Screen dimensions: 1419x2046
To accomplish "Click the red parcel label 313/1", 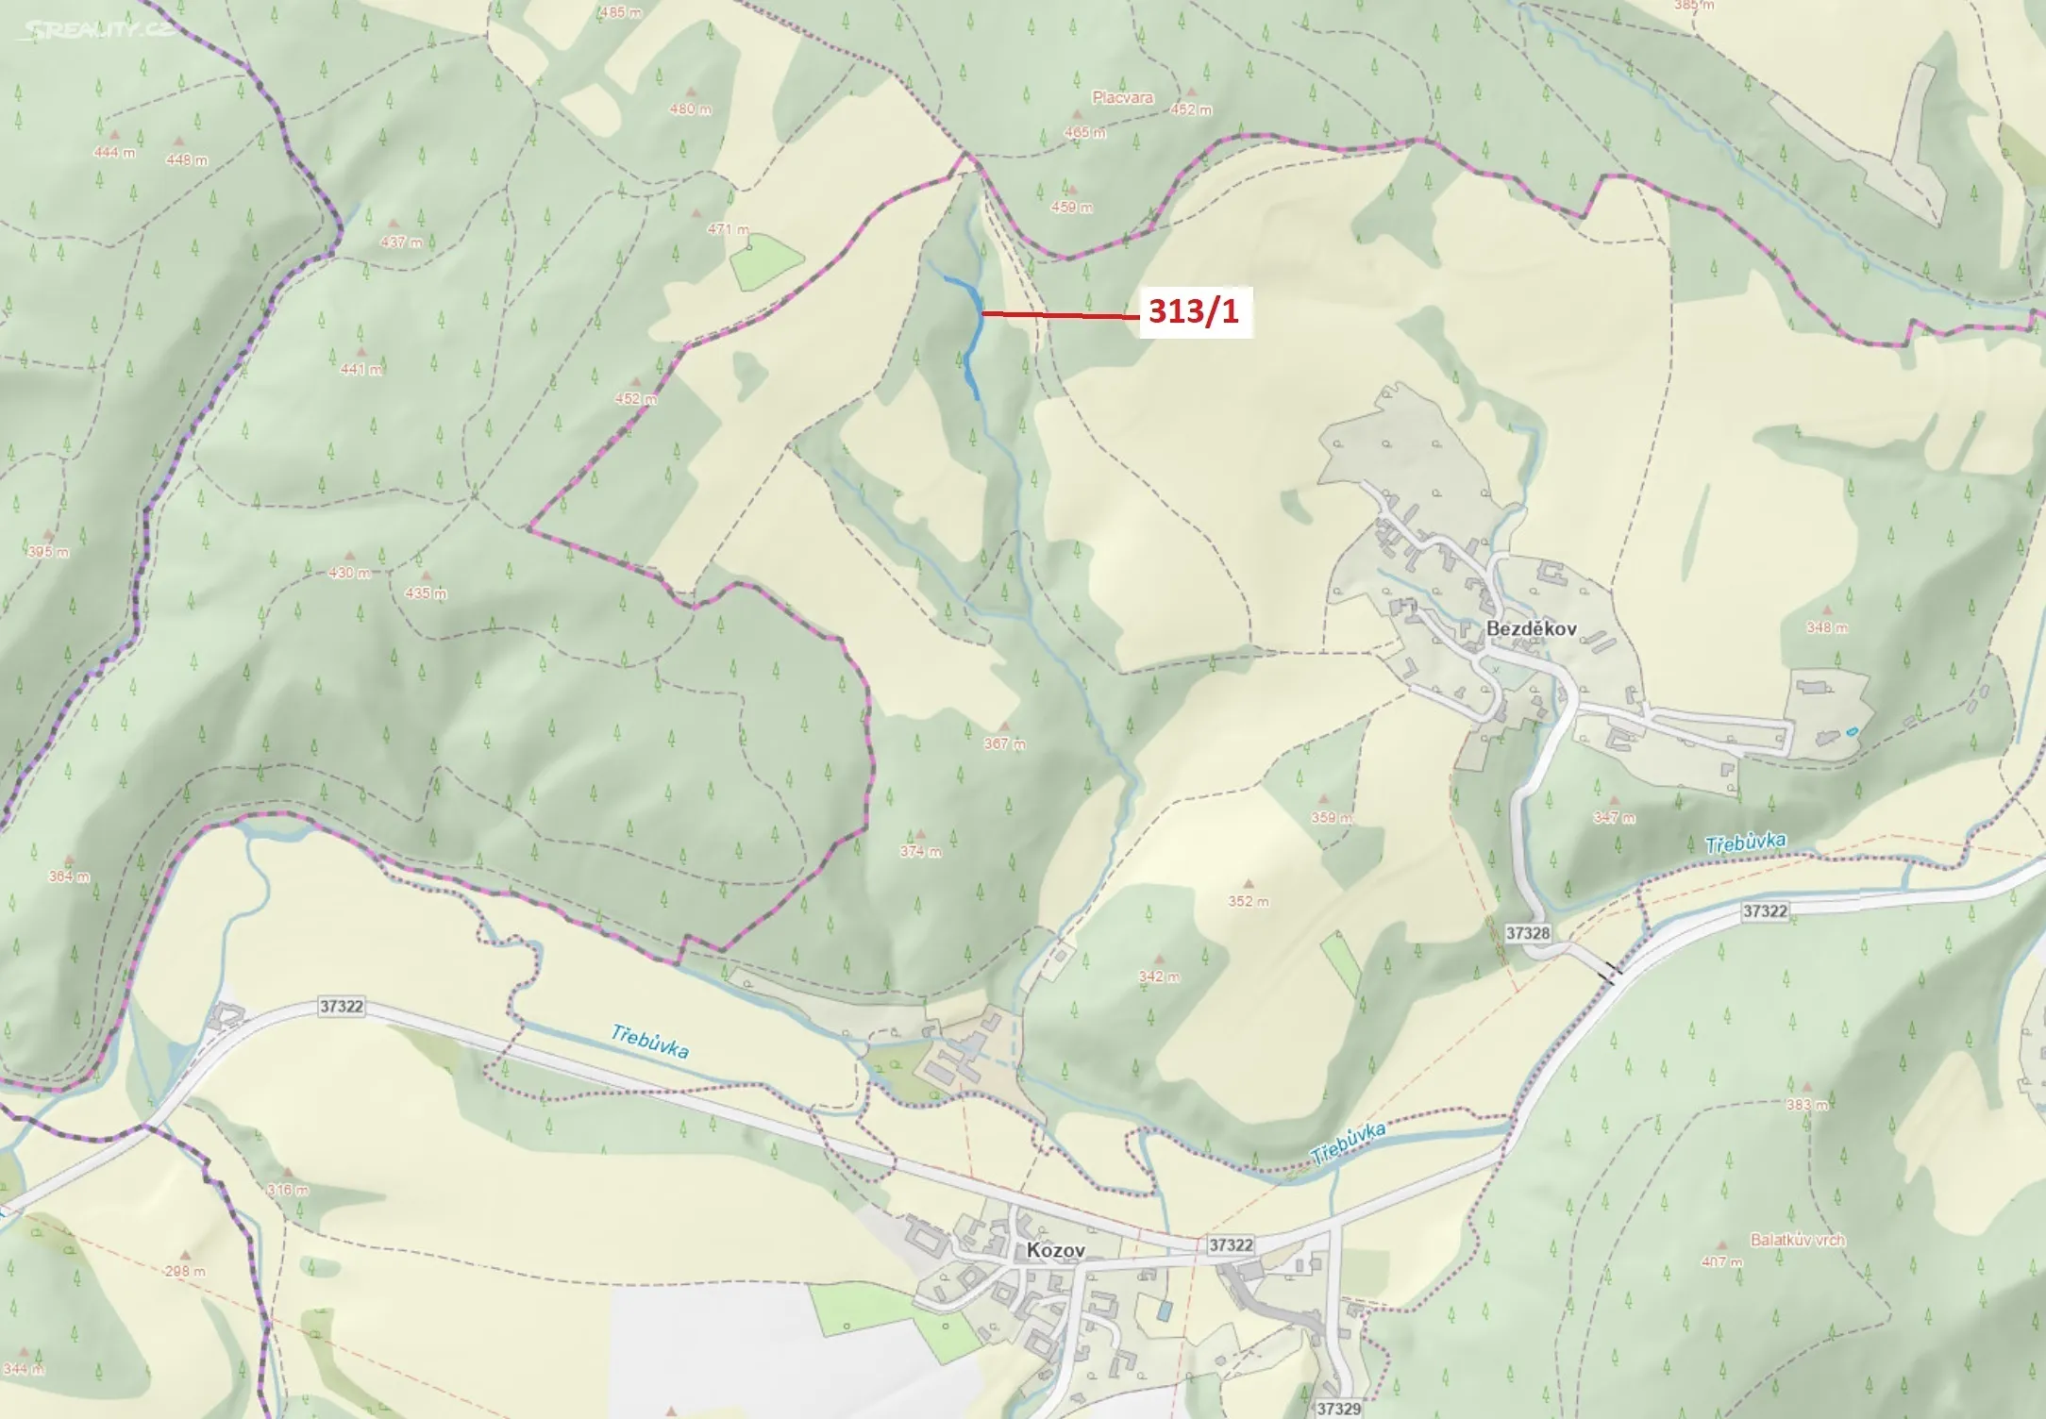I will pos(1194,311).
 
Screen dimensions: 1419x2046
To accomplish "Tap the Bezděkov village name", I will pos(1531,628).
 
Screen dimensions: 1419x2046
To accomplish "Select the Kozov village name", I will pos(1055,1250).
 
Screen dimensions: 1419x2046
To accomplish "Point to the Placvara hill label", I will pos(1122,97).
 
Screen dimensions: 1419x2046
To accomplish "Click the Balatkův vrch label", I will pos(1797,1240).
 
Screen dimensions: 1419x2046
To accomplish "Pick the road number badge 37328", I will pos(1527,933).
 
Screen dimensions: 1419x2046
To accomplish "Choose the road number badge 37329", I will pos(1338,1409).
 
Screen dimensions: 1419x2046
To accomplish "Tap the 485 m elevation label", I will pos(620,12).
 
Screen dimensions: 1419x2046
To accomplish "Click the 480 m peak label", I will pos(690,109).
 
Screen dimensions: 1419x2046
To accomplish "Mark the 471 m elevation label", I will pos(728,229).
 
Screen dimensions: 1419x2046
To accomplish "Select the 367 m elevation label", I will pos(1004,743).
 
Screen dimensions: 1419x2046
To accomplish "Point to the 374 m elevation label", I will pos(920,851).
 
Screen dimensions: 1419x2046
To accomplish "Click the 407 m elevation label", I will pos(1722,1260).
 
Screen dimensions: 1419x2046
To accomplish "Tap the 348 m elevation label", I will pos(1827,627).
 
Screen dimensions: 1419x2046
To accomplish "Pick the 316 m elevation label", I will pos(287,1190).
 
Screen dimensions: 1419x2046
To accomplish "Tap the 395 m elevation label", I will pos(47,551).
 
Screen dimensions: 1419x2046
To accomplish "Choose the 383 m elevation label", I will pos(1806,1105).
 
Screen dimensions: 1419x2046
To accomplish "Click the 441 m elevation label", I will pos(361,369).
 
